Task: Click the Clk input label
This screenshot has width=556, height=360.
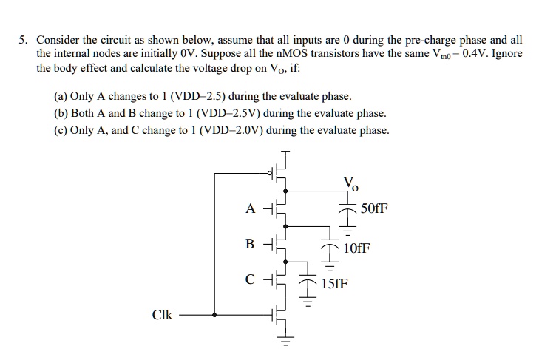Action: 162,315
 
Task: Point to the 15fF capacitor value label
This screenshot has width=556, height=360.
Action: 333,283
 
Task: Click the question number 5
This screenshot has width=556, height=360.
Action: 23,39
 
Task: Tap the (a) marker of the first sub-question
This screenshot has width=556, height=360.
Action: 61,97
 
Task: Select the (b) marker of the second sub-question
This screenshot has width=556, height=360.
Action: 61,114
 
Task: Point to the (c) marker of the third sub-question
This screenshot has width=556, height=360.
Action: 61,130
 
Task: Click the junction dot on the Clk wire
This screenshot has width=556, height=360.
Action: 215,315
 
